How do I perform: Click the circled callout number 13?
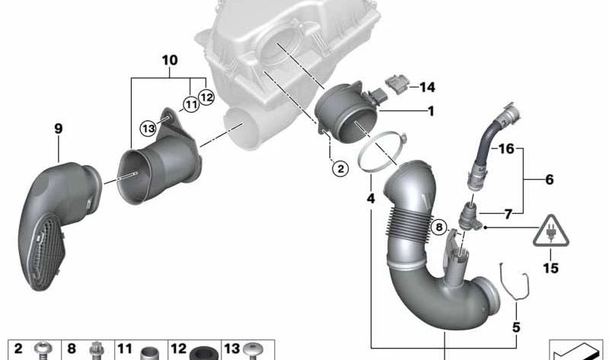pyautogui.click(x=148, y=128)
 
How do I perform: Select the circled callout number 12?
pyautogui.click(x=206, y=97)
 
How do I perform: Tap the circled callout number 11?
pyautogui.click(x=191, y=104)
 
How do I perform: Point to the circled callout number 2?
pyautogui.click(x=340, y=168)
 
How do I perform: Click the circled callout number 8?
pyautogui.click(x=439, y=227)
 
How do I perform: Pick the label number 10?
pyautogui.click(x=170, y=60)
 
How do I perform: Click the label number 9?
pyautogui.click(x=59, y=129)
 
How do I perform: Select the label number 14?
pyautogui.click(x=427, y=87)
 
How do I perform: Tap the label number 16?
pyautogui.click(x=506, y=148)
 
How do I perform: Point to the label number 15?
pyautogui.click(x=550, y=268)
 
